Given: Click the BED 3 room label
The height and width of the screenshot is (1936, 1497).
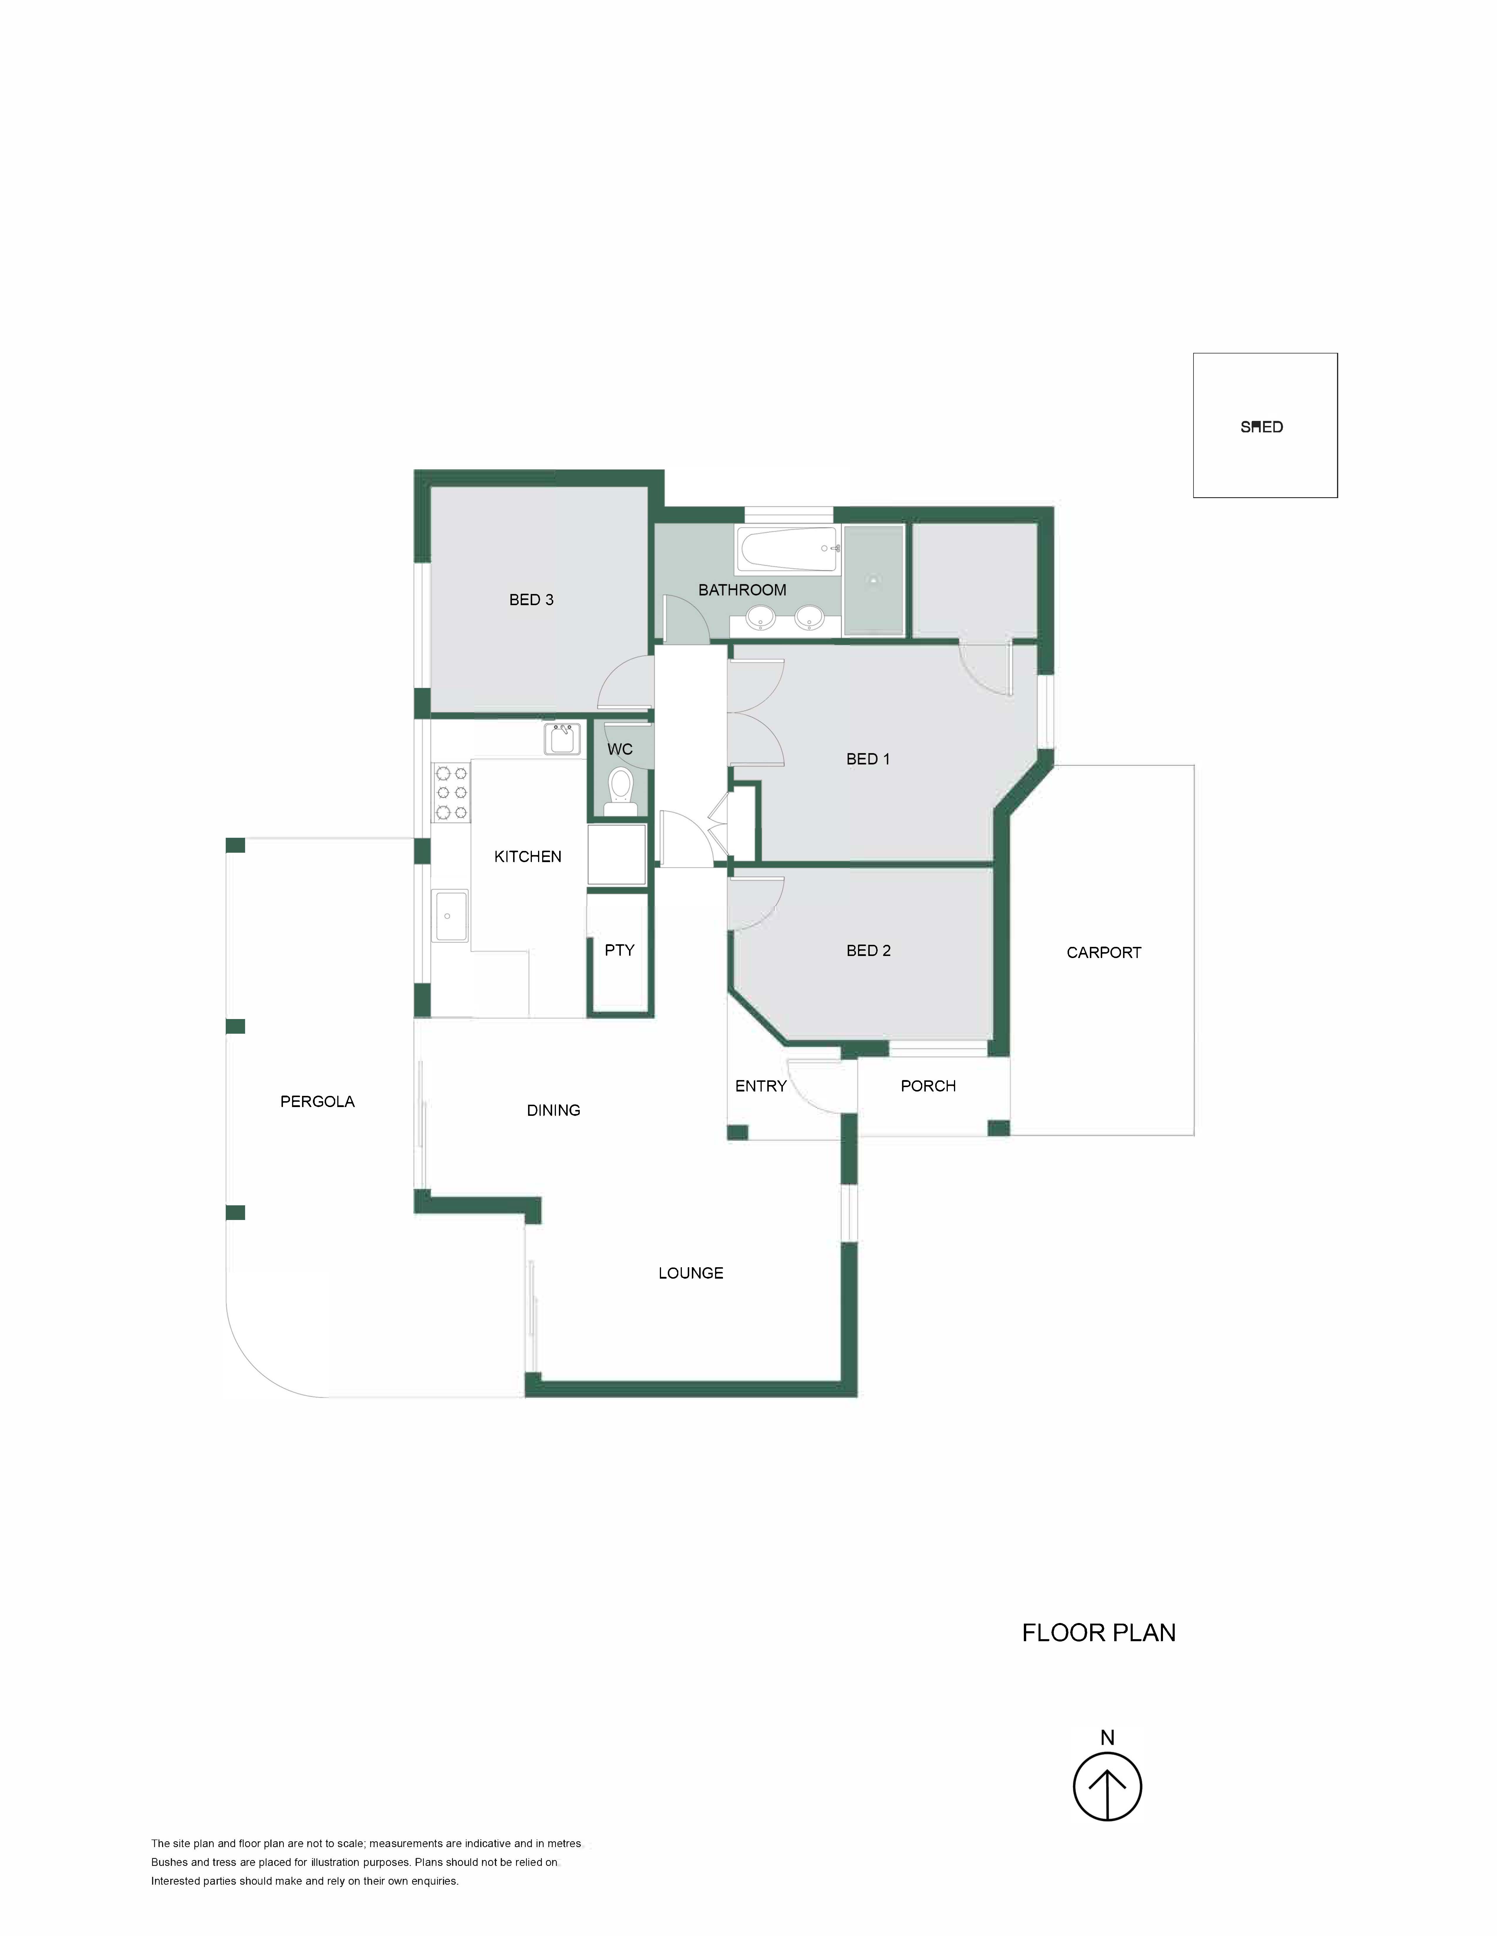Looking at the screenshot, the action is coord(531,600).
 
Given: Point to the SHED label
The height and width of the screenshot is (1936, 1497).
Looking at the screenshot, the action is coord(1261,427).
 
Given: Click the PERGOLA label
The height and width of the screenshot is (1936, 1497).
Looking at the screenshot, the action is coord(318,1102).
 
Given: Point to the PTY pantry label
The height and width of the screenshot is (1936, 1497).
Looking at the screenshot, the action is coord(620,950).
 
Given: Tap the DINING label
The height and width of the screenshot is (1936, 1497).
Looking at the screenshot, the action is coord(553,1111).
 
